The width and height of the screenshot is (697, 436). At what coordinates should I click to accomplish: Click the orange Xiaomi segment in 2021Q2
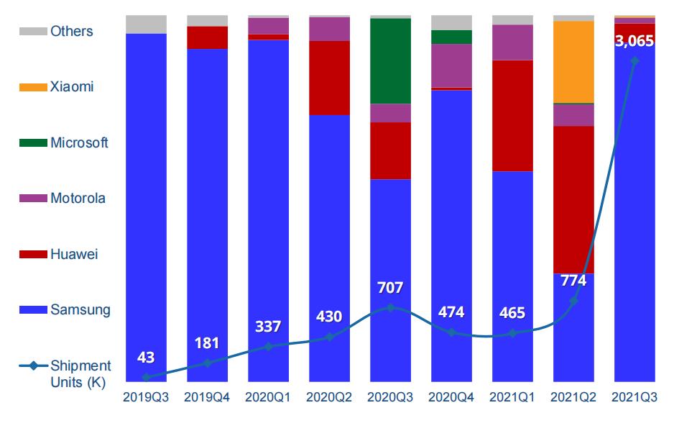pos(573,62)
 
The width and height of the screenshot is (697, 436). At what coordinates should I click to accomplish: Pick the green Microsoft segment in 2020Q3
pos(390,61)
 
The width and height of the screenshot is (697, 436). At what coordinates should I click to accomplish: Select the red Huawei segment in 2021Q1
pos(512,116)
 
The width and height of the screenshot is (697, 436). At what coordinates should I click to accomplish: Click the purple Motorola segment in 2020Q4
pos(451,65)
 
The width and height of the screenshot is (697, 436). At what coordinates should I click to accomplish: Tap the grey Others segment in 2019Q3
pos(146,24)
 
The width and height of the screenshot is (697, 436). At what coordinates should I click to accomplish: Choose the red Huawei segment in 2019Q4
pos(207,37)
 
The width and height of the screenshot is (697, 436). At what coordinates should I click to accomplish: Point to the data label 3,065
pos(634,41)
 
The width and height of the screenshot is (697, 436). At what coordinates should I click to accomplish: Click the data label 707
pos(390,288)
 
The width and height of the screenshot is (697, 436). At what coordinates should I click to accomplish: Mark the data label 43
pos(146,357)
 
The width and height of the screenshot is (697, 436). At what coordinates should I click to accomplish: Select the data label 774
pos(573,281)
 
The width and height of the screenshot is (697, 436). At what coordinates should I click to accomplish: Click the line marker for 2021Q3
pos(634,61)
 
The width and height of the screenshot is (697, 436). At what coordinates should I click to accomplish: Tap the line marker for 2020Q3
pos(390,307)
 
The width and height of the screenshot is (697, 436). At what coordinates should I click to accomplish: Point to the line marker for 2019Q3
pos(146,377)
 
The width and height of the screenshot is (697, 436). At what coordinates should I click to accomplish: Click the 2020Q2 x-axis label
pos(329,397)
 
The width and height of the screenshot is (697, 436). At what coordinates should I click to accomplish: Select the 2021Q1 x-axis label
pos(512,397)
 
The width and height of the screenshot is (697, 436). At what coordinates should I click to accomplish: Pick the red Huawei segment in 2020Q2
pos(329,78)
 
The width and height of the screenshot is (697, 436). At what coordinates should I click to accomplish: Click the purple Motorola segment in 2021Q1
pos(512,42)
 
